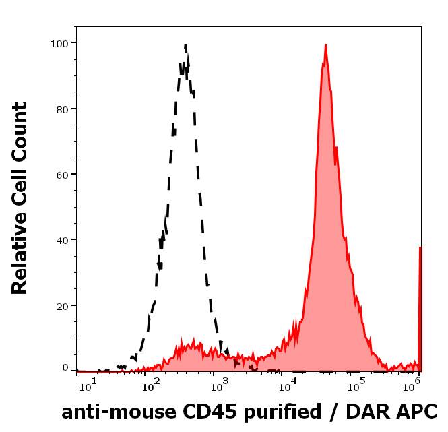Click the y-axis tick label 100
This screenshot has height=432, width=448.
click(59, 43)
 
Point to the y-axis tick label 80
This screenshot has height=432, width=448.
click(62, 109)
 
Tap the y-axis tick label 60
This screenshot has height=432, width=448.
click(62, 174)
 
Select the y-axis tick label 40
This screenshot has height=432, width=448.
click(62, 240)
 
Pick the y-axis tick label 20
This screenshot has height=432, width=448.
click(62, 305)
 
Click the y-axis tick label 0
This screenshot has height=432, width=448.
click(65, 368)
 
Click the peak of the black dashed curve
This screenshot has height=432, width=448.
click(185, 46)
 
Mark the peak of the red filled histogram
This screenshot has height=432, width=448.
click(325, 46)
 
